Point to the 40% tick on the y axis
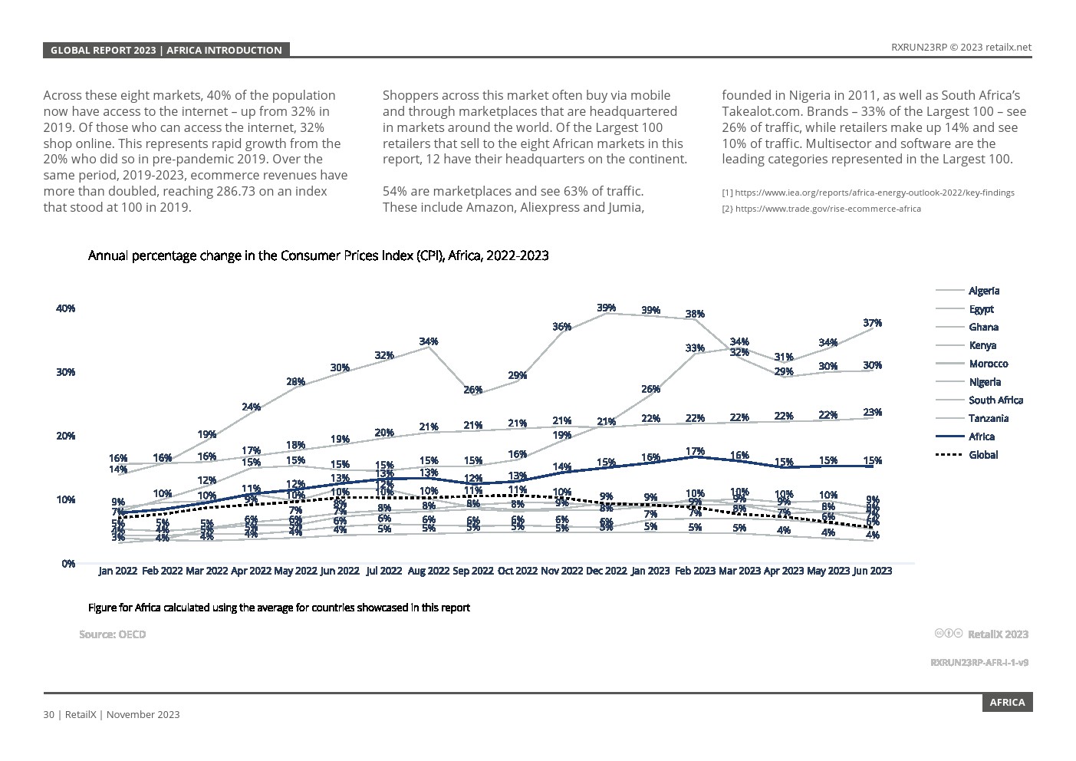[65, 308]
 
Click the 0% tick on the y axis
[68, 563]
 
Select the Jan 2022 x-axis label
[118, 571]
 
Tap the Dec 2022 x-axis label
[606, 571]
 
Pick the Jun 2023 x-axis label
[872, 571]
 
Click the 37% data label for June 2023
[872, 323]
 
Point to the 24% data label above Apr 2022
[251, 407]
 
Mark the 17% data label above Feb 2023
[695, 451]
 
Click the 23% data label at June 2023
[872, 412]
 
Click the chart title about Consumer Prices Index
[318, 255]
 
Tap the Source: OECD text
[112, 634]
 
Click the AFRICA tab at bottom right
[1007, 703]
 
